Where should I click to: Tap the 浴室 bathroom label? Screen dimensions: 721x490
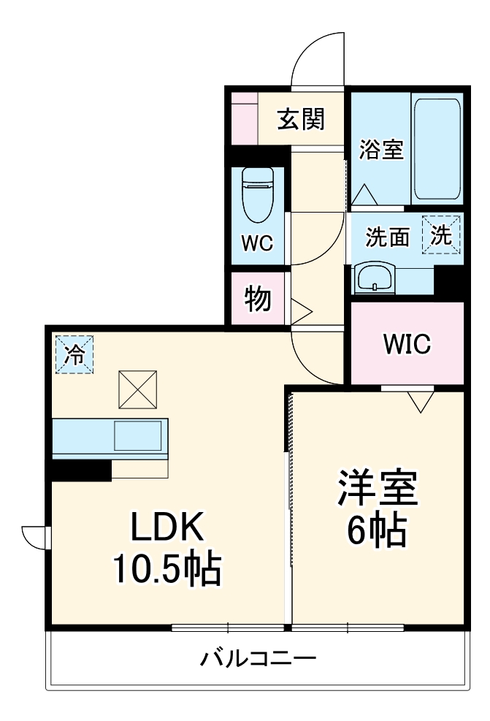coord(380,150)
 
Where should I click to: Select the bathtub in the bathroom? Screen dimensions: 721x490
coord(436,150)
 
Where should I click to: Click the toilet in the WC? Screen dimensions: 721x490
coord(256,195)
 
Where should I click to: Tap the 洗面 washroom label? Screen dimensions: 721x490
coord(386,237)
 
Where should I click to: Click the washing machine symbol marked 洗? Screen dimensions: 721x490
coord(441,234)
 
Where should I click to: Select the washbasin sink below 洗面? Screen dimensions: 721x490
coord(374,277)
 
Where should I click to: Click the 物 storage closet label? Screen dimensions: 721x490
coord(258,298)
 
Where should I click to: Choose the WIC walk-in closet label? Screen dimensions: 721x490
coord(407,343)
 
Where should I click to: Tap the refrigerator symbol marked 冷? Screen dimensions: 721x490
coord(74,354)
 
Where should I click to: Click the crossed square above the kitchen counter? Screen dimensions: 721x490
coord(137,389)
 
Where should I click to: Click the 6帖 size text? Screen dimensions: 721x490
coord(377,532)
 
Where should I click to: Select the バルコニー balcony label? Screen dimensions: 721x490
coord(259,660)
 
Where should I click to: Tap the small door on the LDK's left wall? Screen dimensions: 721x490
coord(34,537)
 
